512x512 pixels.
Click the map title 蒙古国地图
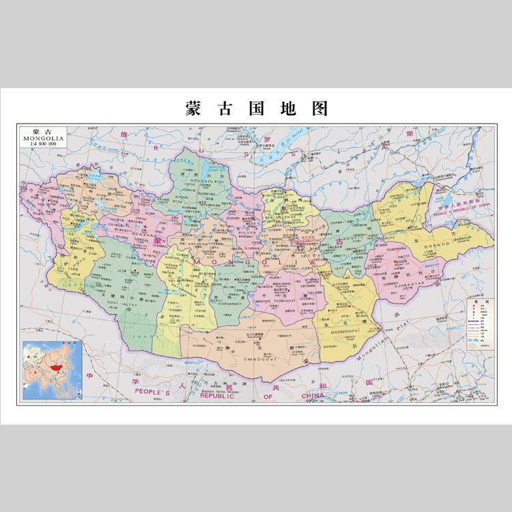pos(256,109)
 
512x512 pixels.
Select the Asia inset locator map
pos(52,369)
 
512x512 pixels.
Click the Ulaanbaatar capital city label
pos(305,240)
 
